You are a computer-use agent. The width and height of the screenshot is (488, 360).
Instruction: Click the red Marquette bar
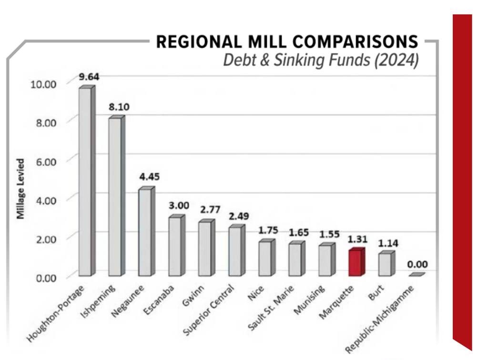click(x=355, y=263)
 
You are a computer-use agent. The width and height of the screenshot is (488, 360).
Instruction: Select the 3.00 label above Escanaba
click(x=179, y=206)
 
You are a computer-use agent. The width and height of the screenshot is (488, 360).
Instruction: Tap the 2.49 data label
click(x=239, y=216)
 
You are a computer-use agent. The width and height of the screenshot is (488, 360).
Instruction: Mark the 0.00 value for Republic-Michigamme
click(x=417, y=264)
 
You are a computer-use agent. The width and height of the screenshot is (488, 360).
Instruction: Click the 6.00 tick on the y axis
click(x=43, y=161)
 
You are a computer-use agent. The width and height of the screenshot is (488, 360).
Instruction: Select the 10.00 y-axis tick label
click(x=43, y=84)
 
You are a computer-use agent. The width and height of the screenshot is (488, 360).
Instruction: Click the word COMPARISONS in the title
click(x=355, y=42)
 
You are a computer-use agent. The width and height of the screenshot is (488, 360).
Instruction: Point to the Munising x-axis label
click(x=309, y=301)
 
